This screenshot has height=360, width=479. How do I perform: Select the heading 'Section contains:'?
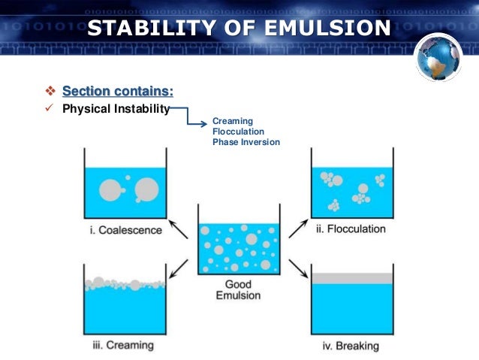(117, 92)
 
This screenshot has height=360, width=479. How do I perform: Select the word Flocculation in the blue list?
(238, 131)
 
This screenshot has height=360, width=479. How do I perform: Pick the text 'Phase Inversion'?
(246, 141)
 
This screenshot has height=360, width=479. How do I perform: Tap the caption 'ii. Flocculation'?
(350, 228)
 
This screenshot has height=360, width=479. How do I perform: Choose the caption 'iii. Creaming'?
(123, 346)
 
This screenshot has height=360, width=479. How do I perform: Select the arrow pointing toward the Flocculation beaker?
(299, 224)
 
